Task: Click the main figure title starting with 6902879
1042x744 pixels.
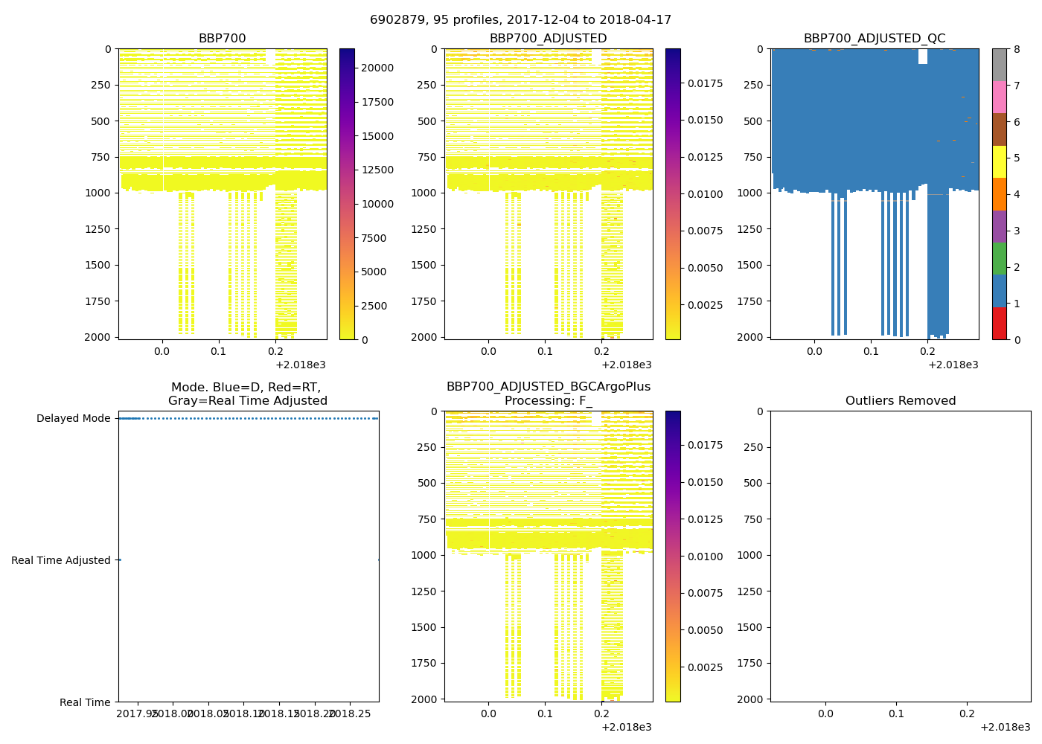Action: (x=520, y=20)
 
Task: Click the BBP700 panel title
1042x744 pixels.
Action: (x=222, y=39)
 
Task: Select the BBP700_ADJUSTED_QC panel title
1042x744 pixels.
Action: (x=874, y=39)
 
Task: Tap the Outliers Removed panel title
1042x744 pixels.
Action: (x=900, y=401)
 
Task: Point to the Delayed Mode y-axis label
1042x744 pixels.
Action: (x=73, y=419)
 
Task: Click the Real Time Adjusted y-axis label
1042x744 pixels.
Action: (x=60, y=561)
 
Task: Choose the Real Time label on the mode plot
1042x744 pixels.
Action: (x=85, y=702)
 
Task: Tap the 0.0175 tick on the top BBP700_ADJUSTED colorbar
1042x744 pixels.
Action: (x=705, y=83)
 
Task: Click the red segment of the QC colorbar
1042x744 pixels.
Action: (x=999, y=324)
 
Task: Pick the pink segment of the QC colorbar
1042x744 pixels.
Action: (x=999, y=97)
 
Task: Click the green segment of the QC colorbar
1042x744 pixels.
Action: (x=999, y=258)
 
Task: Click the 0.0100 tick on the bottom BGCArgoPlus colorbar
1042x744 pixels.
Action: (x=705, y=557)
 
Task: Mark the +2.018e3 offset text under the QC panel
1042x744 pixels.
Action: (x=953, y=365)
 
